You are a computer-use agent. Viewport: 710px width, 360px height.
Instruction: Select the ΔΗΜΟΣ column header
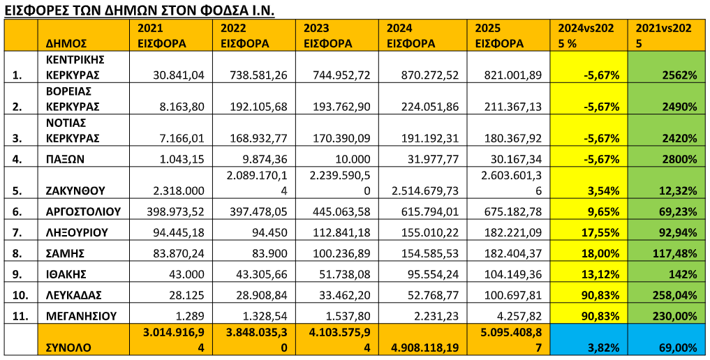pos(66,43)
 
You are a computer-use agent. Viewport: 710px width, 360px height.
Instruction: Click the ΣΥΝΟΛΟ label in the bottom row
pos(69,347)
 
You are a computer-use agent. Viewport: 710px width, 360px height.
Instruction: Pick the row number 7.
pos(17,232)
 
